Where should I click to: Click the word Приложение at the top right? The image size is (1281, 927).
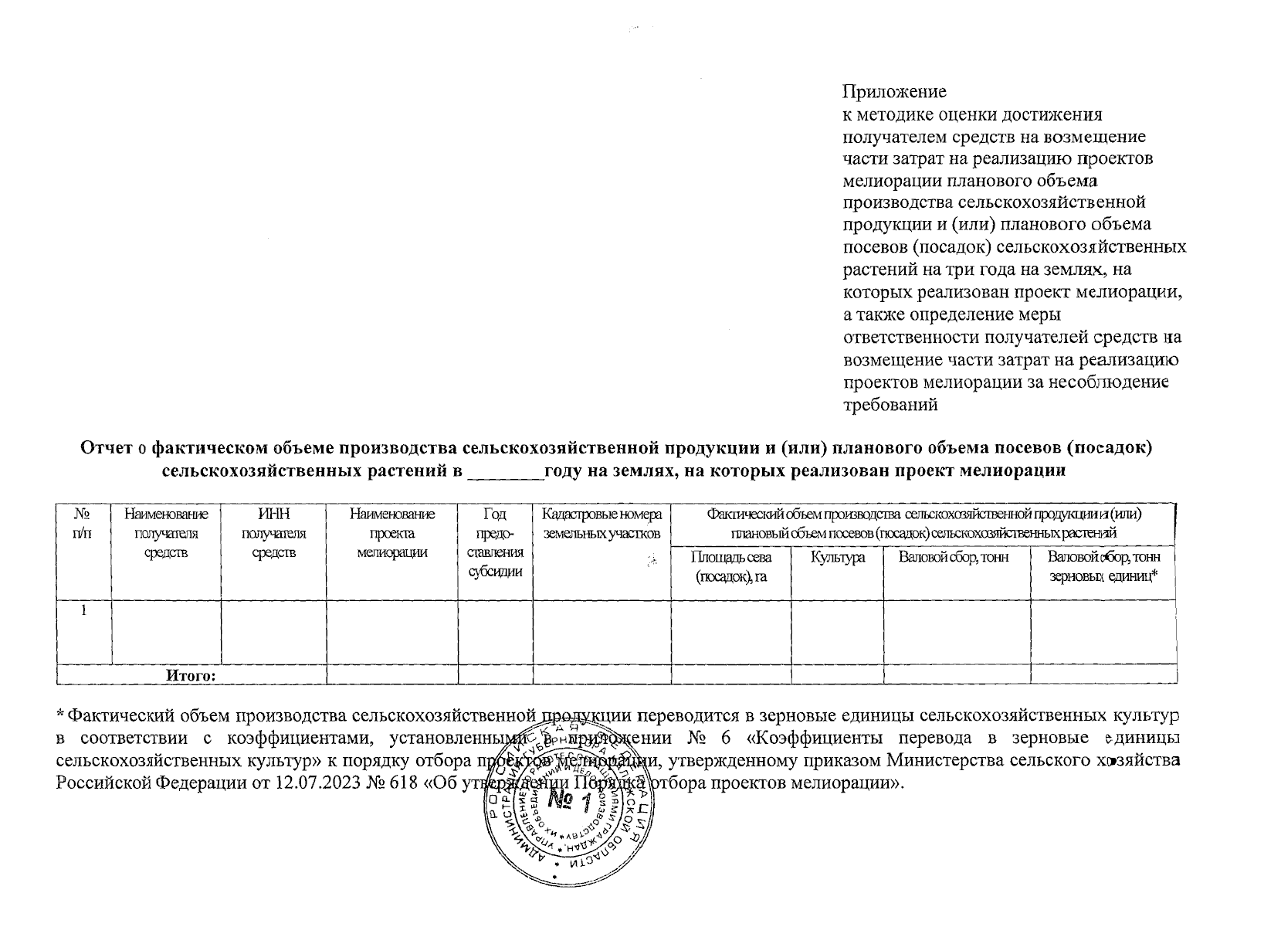[x=894, y=92]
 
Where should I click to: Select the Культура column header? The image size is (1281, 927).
[x=837, y=558]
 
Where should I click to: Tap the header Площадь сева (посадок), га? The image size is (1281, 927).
[x=730, y=567]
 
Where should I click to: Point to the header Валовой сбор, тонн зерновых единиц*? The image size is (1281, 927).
[x=1103, y=567]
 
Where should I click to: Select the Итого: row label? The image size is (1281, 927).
[x=191, y=676]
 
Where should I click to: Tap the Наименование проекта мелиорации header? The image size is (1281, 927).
[x=391, y=533]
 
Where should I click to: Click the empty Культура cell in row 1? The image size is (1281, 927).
[x=837, y=631]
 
